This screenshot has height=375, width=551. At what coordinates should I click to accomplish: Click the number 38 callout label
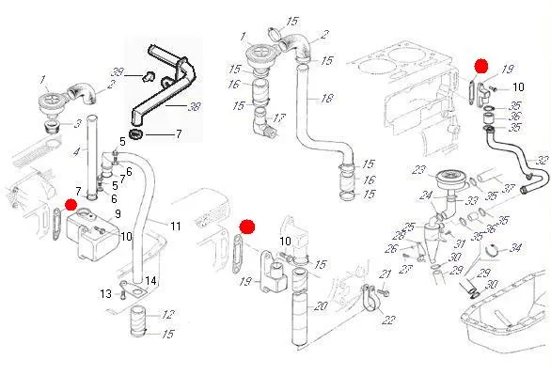[194, 106]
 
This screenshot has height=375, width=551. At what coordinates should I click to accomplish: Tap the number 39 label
[117, 72]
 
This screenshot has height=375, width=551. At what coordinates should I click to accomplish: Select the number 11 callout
[175, 227]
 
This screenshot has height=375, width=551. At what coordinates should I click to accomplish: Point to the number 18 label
[326, 98]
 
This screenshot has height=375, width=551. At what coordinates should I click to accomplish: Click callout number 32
[543, 160]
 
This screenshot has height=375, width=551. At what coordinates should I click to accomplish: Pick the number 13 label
[105, 293]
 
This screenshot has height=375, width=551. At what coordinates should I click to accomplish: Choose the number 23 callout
[418, 171]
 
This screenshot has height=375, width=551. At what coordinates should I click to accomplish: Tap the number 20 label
[321, 306]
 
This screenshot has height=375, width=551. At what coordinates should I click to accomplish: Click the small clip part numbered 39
[148, 75]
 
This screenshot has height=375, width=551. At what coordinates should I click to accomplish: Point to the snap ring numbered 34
[495, 250]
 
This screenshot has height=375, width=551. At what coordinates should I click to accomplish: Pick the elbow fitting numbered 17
[264, 124]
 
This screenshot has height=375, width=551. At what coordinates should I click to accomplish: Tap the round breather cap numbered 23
[448, 180]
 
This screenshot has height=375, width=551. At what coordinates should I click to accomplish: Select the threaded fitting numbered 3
[53, 126]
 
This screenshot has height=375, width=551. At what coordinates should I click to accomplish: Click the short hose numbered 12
[137, 320]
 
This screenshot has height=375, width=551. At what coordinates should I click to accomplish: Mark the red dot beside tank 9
[71, 205]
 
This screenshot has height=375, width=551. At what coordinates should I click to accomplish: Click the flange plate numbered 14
[134, 289]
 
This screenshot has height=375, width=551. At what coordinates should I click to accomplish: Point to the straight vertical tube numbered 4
[92, 158]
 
